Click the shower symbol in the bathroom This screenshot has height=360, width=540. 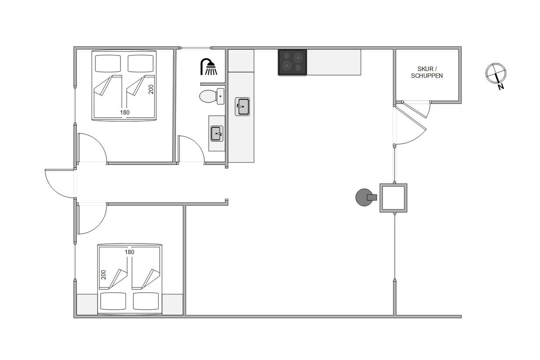tap(209, 67)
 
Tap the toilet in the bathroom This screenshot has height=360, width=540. tap(211, 96)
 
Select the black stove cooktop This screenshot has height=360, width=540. tap(292, 62)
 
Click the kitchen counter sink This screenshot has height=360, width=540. tap(242, 106)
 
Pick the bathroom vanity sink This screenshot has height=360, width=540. tap(217, 133)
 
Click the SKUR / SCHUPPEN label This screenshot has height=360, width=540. tap(427, 72)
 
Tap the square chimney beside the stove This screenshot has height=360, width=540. tap(393, 198)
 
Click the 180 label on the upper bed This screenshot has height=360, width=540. tap(125, 112)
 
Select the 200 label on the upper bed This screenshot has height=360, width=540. tap(151, 89)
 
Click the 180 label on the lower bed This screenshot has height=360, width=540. tap(130, 252)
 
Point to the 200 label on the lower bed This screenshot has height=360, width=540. tap(103, 275)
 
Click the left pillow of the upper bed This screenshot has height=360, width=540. tap(108, 63)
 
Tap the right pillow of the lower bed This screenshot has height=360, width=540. tap(146, 301)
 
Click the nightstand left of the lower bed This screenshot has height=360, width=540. tap(87, 304)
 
